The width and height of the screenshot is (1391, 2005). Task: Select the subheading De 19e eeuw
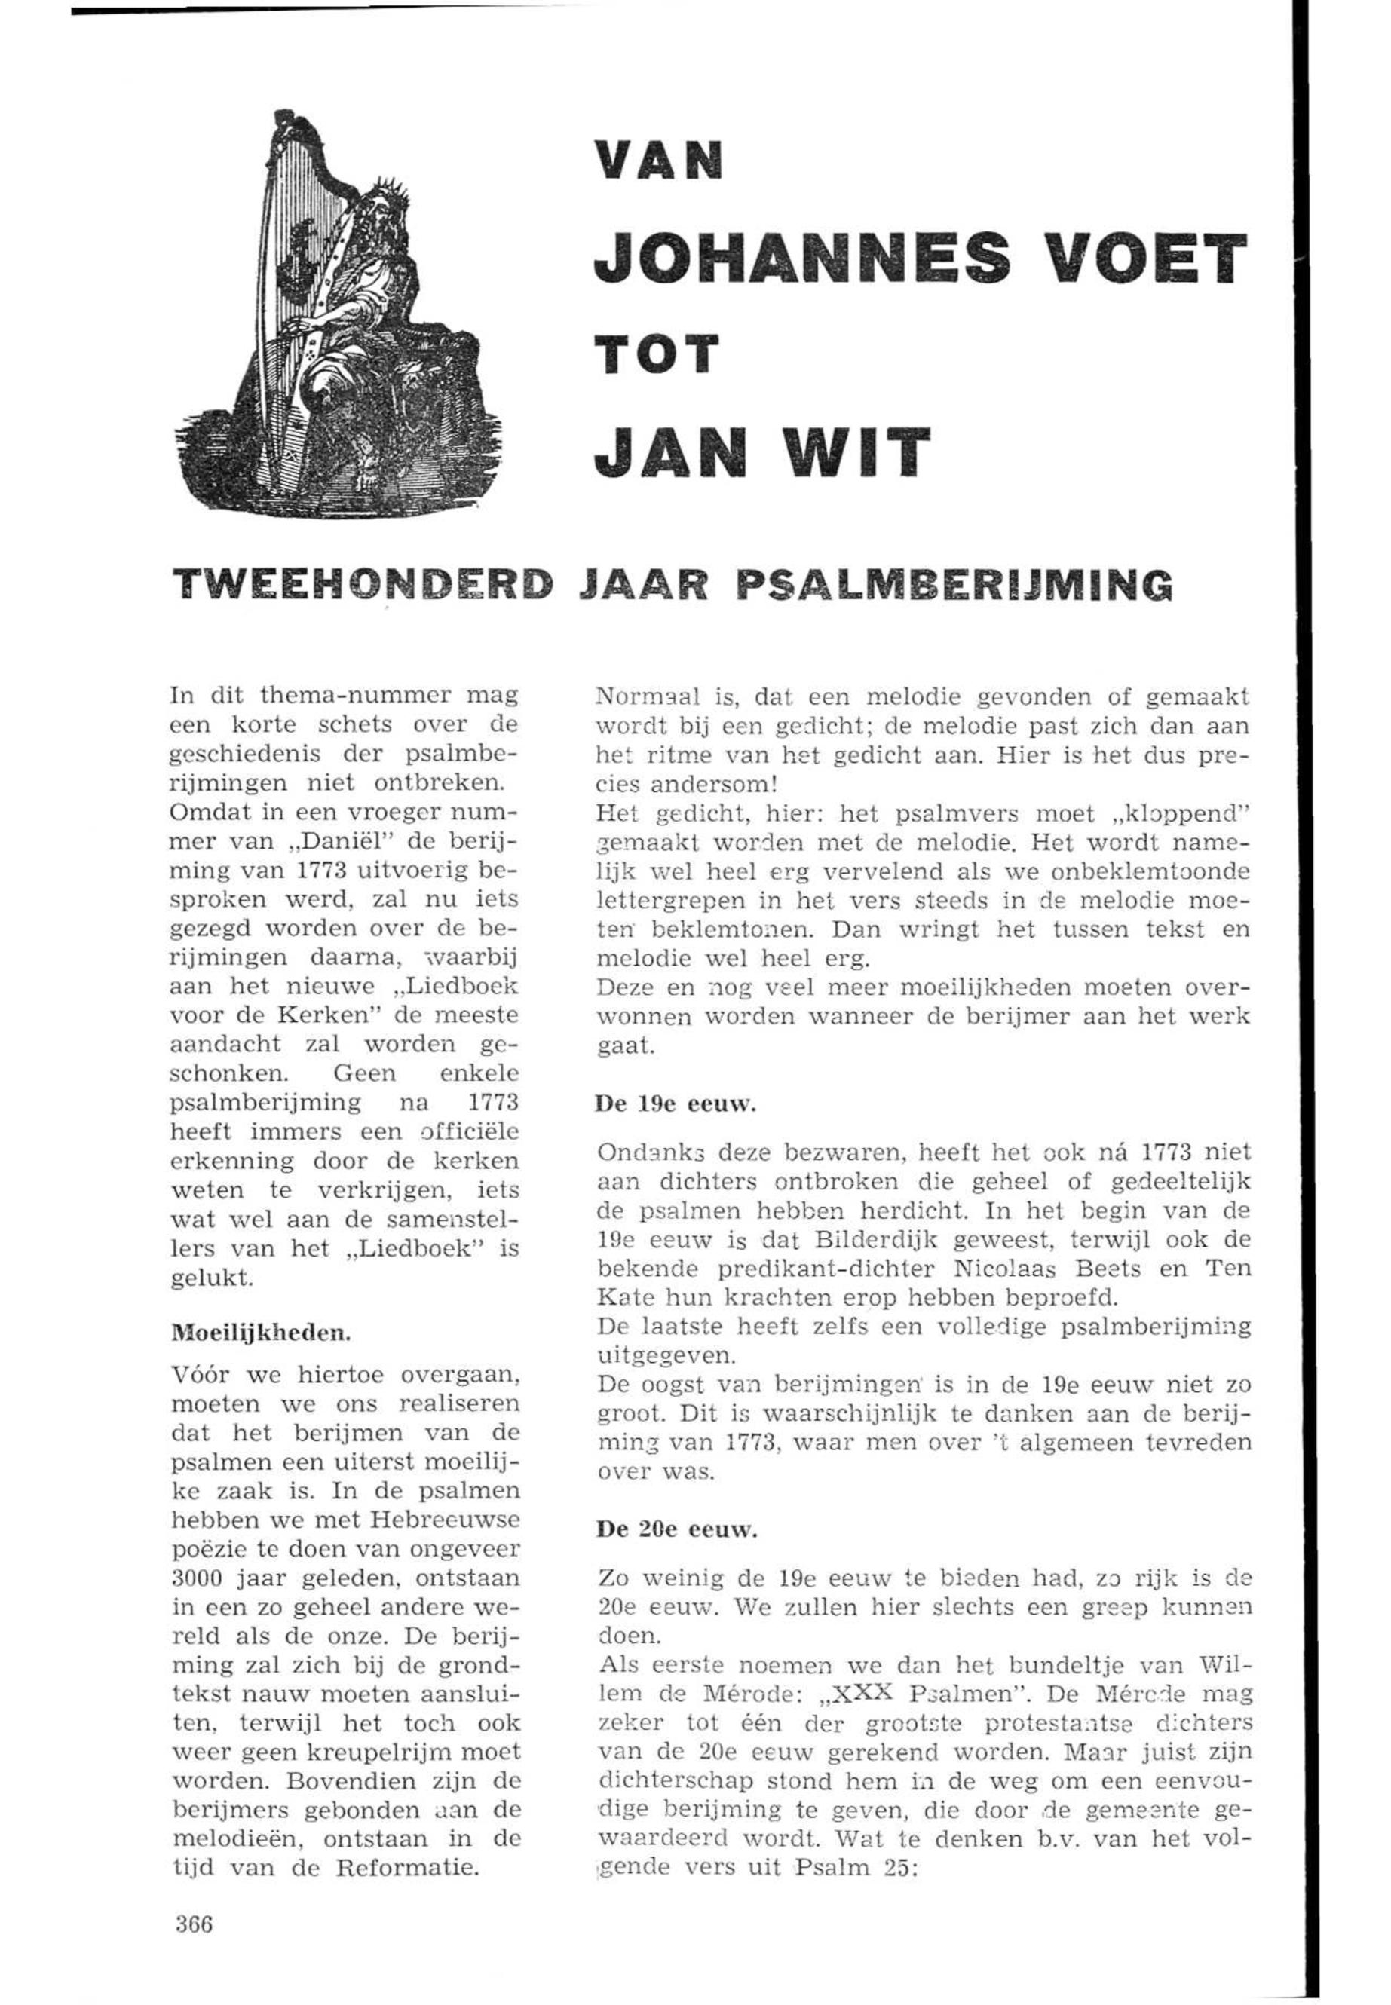(x=676, y=1106)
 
